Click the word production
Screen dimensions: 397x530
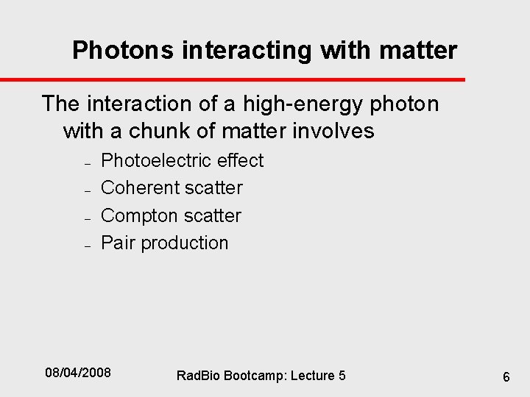click(x=185, y=243)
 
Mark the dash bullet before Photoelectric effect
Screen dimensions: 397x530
click(x=87, y=162)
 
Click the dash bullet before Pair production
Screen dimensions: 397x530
click(x=87, y=246)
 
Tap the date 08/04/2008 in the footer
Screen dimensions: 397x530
click(x=78, y=373)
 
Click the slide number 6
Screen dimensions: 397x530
click(x=506, y=376)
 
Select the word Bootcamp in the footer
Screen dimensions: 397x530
click(x=250, y=376)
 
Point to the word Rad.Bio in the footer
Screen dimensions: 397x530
click(x=197, y=376)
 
